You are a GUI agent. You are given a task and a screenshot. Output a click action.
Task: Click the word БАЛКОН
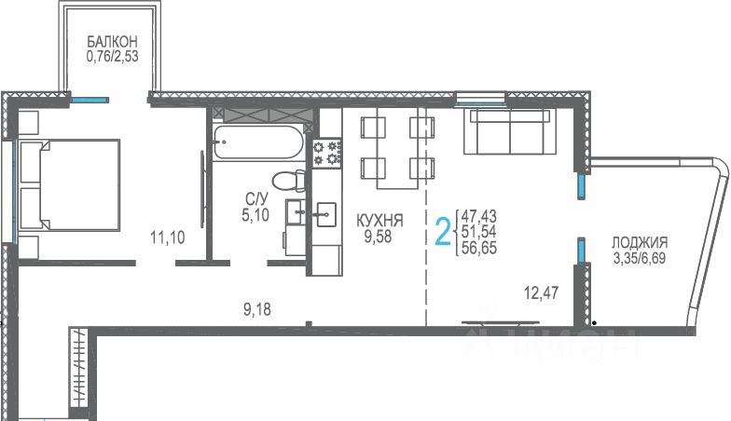tap(112, 41)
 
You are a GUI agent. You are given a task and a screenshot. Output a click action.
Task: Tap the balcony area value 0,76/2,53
tap(112, 57)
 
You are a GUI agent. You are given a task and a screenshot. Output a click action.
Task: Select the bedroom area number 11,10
tap(168, 238)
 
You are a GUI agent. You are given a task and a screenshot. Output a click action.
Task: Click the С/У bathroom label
tap(257, 199)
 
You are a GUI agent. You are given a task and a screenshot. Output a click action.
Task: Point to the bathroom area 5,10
tap(255, 215)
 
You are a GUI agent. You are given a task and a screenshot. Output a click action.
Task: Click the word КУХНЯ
tap(379, 220)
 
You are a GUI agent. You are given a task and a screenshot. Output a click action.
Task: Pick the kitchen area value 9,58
tap(379, 237)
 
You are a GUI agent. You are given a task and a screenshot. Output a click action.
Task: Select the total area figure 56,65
tap(479, 248)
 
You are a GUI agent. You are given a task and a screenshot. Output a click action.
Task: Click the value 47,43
tap(479, 216)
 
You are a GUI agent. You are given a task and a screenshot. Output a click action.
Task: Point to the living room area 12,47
tap(541, 292)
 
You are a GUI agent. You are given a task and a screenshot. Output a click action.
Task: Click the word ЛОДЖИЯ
tap(640, 242)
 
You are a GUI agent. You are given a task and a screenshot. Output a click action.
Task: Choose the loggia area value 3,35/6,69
tap(640, 257)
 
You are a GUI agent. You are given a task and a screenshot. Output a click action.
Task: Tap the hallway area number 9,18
tap(257, 309)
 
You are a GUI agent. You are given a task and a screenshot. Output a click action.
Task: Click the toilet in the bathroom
tap(288, 181)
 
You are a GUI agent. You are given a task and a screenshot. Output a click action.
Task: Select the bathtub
tap(258, 143)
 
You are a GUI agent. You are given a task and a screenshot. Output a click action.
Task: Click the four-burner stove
tap(327, 153)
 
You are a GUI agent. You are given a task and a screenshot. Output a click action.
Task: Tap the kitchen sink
tap(326, 214)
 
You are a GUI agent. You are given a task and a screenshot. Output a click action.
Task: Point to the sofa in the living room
tap(510, 131)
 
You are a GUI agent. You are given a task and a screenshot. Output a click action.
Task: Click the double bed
tap(70, 184)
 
